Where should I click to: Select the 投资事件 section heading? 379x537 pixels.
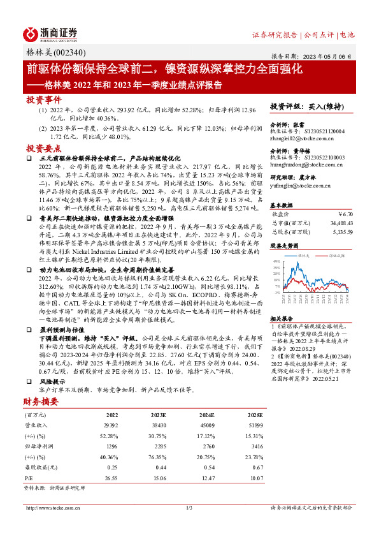(x=43, y=100)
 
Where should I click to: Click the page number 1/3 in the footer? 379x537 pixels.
(x=189, y=508)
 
